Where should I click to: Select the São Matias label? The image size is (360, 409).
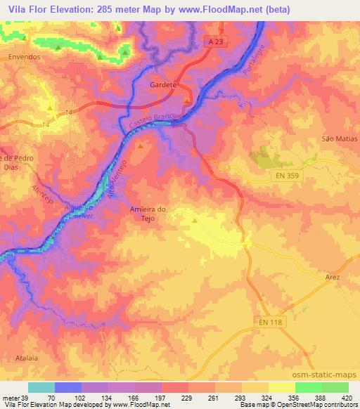pyautogui.click(x=335, y=138)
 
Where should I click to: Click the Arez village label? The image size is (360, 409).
pyautogui.click(x=333, y=278)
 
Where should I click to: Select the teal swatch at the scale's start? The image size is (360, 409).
pyautogui.click(x=41, y=387)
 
